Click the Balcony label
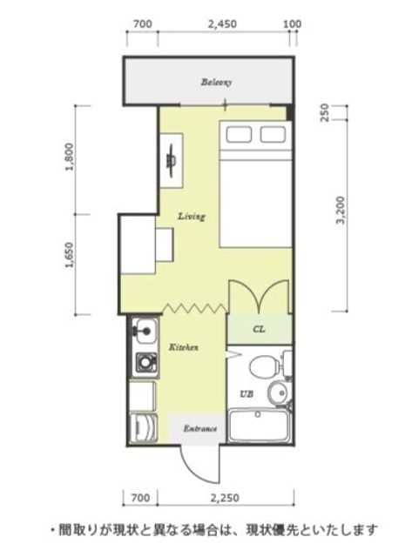[216, 82]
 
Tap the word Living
[192, 216]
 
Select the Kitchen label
[183, 347]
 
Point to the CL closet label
[259, 329]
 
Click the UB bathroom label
[247, 393]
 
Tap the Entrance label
[199, 428]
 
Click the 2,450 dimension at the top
[222, 24]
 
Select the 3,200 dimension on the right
[341, 210]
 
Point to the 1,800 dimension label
[70, 157]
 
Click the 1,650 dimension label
[70, 255]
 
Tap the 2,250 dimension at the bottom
[225, 498]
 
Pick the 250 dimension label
[324, 112]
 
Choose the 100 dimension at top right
[293, 24]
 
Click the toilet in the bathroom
[265, 366]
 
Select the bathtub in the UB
[259, 426]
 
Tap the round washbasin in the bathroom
[279, 393]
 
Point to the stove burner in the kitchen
[145, 362]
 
